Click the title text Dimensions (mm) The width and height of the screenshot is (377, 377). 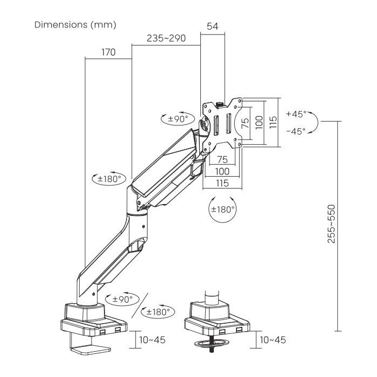75,25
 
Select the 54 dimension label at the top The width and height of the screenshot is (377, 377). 213,26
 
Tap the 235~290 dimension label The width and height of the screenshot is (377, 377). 166,38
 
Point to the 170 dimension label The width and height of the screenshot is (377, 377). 108,52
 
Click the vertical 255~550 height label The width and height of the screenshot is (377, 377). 331,224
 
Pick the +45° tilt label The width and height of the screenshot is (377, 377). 296,114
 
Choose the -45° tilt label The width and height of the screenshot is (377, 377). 296,131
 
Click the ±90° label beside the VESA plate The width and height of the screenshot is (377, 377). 178,119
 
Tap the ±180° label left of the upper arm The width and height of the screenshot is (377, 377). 109,179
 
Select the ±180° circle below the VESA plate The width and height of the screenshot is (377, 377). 222,209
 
